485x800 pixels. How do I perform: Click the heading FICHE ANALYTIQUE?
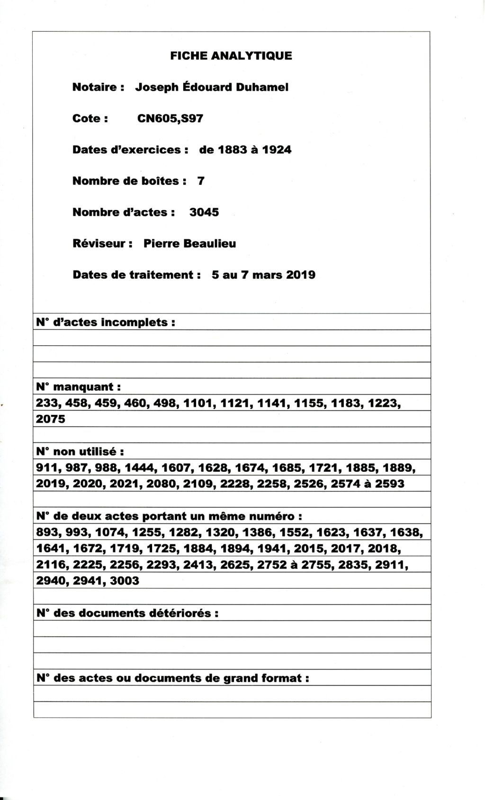coord(231,56)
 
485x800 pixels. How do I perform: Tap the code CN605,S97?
coord(170,119)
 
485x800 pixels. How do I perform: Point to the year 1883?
coord(233,150)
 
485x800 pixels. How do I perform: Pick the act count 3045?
coord(204,212)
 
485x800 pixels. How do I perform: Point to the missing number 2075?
coord(51,419)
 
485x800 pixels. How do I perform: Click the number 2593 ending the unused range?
coord(390,484)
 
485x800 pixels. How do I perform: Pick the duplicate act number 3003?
coord(125,581)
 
